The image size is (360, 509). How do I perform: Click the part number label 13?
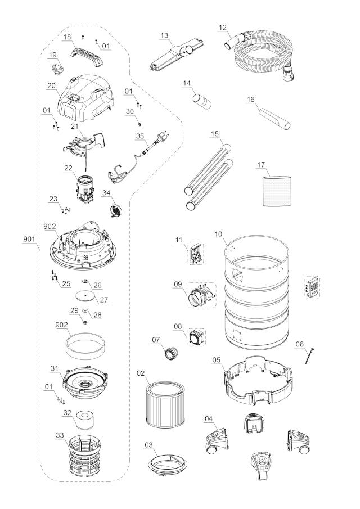pyautogui.click(x=164, y=35)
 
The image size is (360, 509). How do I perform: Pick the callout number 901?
pyautogui.click(x=29, y=239)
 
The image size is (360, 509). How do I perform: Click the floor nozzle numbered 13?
pyautogui.click(x=176, y=55)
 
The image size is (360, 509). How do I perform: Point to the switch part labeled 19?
pyautogui.click(x=57, y=70)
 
